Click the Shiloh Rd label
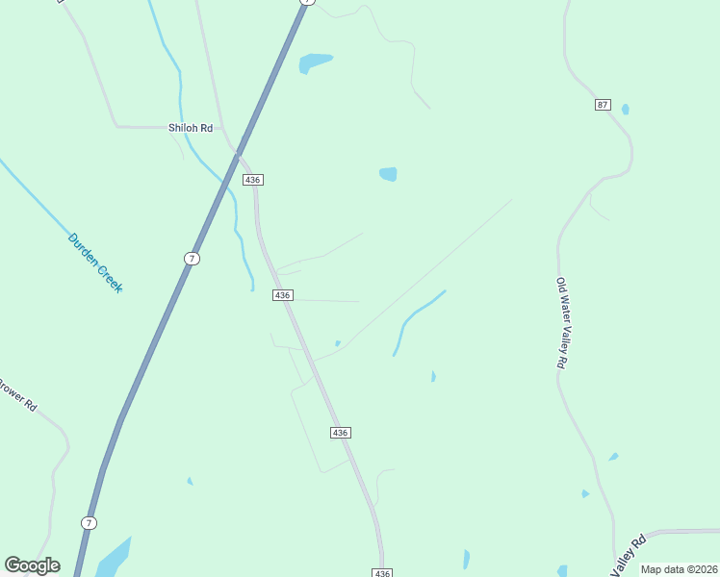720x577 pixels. [191, 128]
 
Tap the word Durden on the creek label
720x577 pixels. [84, 249]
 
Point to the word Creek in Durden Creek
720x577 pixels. [110, 280]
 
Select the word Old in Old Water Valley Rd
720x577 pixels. [560, 286]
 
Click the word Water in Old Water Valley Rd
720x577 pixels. [560, 311]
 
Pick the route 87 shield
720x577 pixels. [603, 104]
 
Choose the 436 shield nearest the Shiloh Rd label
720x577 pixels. [253, 180]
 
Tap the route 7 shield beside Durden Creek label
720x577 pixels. [193, 258]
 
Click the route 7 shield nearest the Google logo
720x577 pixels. [89, 522]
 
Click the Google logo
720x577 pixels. [32, 565]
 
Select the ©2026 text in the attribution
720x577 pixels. [702, 569]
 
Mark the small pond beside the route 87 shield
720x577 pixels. [625, 110]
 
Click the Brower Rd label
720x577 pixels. [16, 394]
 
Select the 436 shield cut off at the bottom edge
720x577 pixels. [382, 572]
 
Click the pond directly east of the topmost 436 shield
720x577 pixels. [388, 174]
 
